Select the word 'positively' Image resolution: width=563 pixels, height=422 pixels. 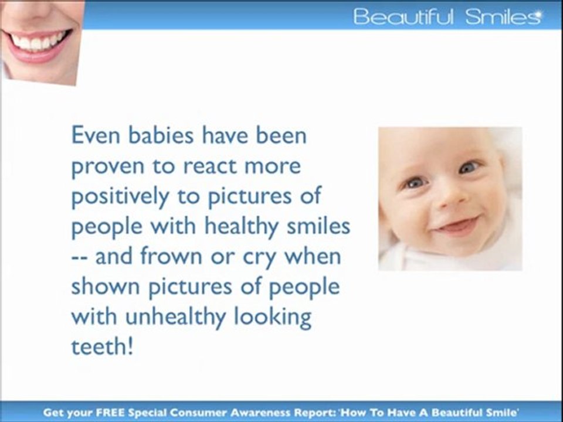tap(120, 197)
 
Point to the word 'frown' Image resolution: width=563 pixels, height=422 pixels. tap(171, 256)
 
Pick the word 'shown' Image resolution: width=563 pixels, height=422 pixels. tap(105, 287)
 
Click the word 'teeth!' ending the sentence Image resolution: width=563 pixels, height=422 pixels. tap(102, 346)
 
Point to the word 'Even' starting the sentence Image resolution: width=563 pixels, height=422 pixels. tap(96, 135)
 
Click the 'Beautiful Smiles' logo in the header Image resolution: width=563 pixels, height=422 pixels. tap(447, 16)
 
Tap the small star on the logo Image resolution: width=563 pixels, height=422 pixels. tap(538, 14)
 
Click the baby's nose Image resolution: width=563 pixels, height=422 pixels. tap(453, 198)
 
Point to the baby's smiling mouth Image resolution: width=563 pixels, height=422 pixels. tap(457, 226)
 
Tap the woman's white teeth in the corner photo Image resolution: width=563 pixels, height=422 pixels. tap(38, 42)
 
